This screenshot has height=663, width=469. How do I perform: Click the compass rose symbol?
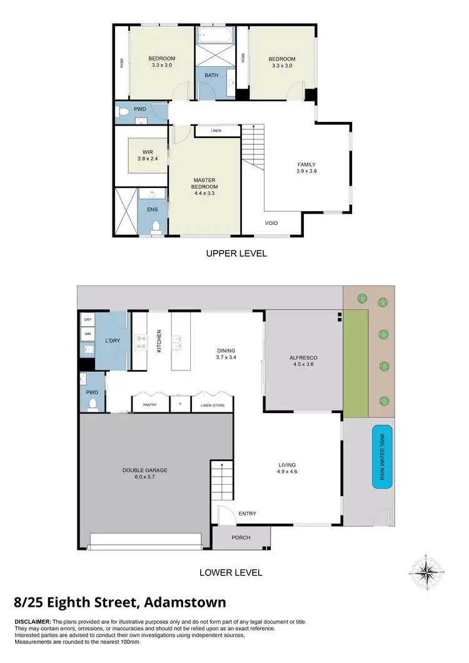tap(427, 572)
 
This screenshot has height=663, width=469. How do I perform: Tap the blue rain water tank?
tap(382, 456)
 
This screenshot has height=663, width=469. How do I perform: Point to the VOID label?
tap(271, 223)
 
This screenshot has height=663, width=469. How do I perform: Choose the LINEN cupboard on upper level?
tap(216, 131)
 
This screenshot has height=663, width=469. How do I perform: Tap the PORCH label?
tap(241, 537)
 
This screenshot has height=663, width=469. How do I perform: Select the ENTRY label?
tap(247, 514)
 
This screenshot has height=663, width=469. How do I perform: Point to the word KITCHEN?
tap(159, 341)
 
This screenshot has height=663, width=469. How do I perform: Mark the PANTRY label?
tap(149, 405)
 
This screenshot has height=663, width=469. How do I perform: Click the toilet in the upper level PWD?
tap(124, 112)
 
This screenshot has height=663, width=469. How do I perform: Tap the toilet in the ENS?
tap(156, 227)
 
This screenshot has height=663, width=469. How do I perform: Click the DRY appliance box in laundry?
tap(87, 320)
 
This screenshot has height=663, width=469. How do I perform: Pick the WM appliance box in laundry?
tap(87, 334)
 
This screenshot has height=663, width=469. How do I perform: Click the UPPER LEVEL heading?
tap(236, 254)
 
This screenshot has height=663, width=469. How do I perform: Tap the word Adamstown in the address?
tap(184, 602)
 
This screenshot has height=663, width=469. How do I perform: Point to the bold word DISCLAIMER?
tap(33, 622)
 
